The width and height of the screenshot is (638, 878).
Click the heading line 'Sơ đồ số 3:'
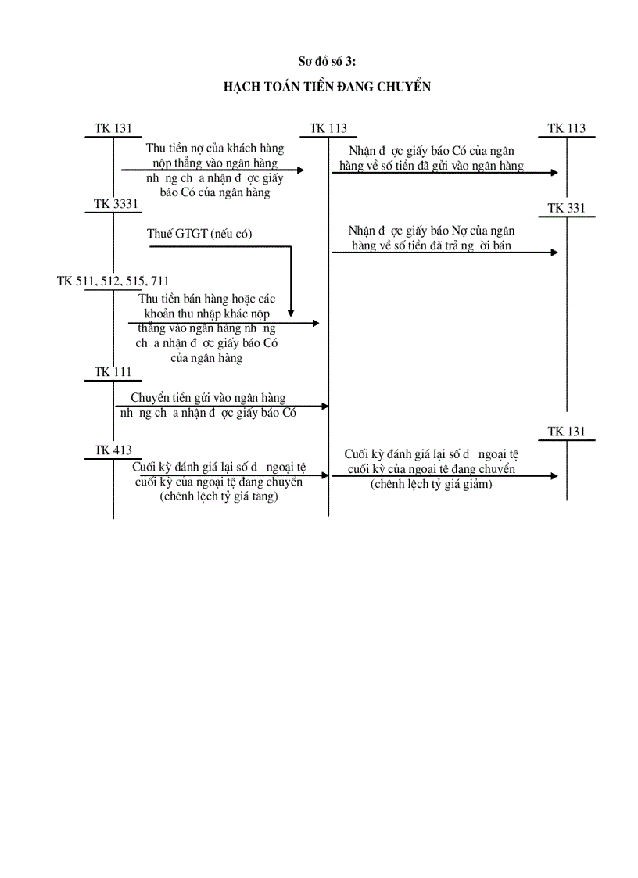pyautogui.click(x=328, y=61)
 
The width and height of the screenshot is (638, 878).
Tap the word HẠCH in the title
pyautogui.click(x=242, y=87)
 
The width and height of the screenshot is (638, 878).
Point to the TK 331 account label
pyautogui.click(x=566, y=209)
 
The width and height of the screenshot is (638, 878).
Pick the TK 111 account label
pyautogui.click(x=113, y=372)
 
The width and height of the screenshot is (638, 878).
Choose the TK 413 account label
pyautogui.click(x=113, y=450)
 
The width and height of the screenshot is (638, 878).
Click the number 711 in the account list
pyautogui.click(x=156, y=281)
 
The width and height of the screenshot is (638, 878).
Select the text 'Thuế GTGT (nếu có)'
pyautogui.click(x=199, y=234)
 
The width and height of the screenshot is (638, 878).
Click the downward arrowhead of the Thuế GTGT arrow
pyautogui.click(x=291, y=311)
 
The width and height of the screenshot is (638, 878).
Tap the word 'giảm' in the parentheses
pyautogui.click(x=475, y=484)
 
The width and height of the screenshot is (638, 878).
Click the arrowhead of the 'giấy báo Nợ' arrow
pyautogui.click(x=554, y=252)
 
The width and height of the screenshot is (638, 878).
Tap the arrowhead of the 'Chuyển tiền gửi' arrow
pyautogui.click(x=324, y=406)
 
